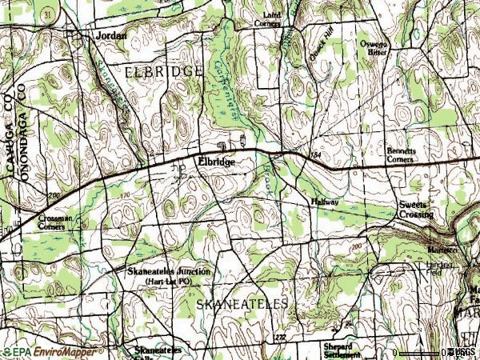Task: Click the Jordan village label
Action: coord(111,36)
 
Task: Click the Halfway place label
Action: coord(326,202)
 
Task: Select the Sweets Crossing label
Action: coord(416,210)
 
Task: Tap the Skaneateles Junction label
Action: coord(169,272)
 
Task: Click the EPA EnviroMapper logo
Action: coord(53,352)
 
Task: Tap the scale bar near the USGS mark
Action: coord(424,352)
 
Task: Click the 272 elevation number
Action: coord(280,338)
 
